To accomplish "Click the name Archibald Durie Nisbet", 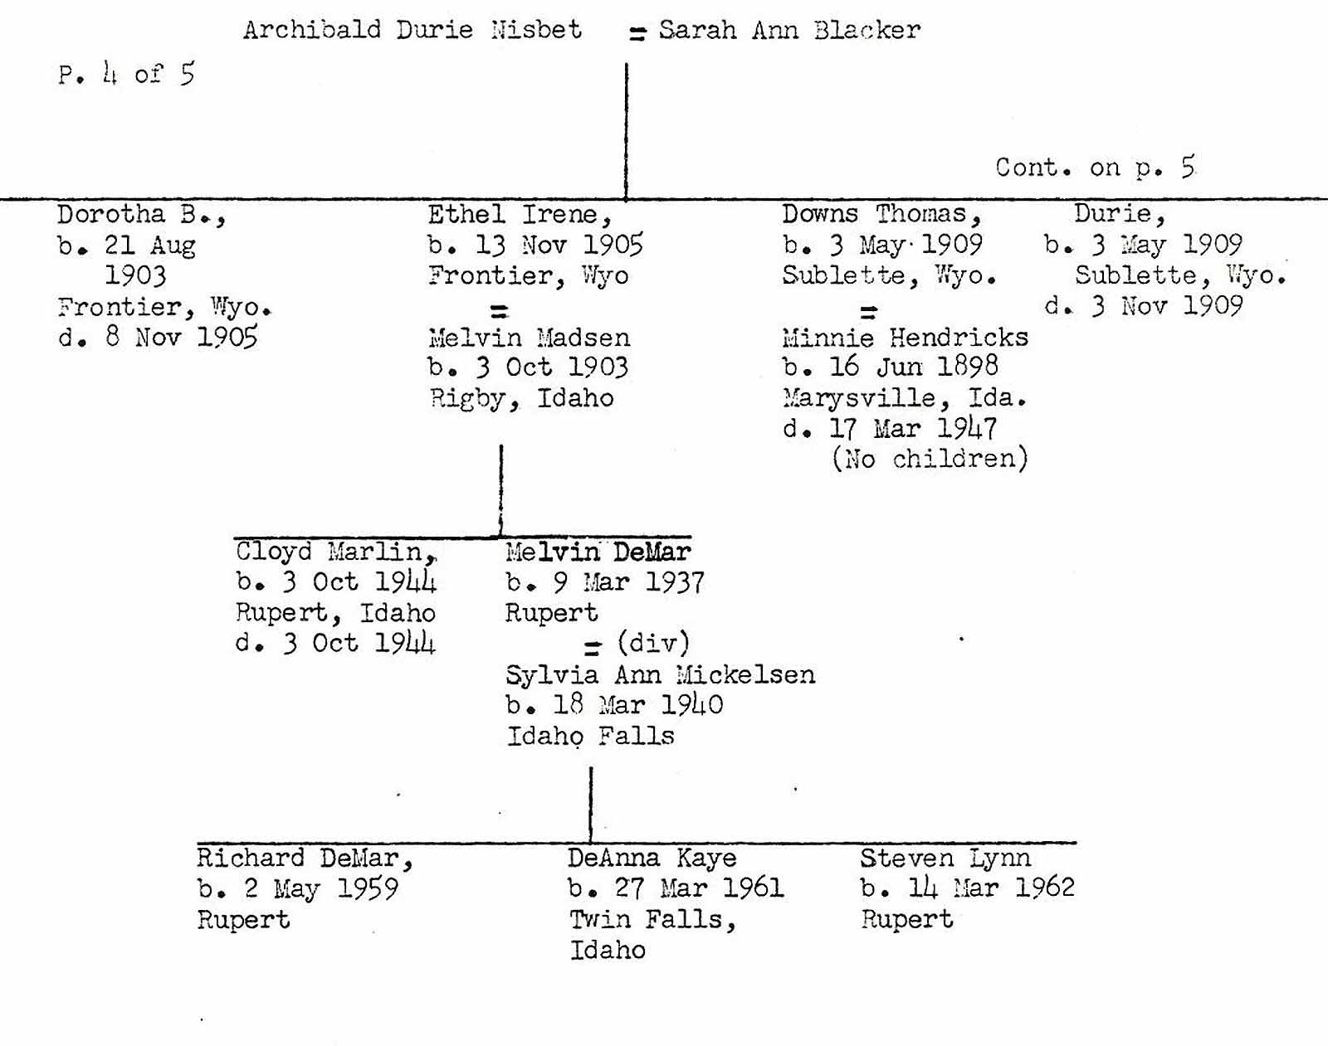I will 413,30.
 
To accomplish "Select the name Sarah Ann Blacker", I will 789,31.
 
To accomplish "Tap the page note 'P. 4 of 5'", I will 126,75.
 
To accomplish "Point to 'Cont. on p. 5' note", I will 1095,168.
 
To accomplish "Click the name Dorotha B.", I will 140,215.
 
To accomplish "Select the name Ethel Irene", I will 520,215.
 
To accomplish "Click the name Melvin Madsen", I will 529,338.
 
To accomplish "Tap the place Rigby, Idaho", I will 521,398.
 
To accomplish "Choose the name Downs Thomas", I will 881,215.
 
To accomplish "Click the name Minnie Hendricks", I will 905,338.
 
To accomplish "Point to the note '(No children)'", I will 930,459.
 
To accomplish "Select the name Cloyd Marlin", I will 335,552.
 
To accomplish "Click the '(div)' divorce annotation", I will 653,643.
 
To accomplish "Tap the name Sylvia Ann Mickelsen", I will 660,674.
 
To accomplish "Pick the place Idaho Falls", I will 590,736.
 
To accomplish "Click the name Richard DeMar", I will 304,858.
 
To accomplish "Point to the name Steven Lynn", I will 945,858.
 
